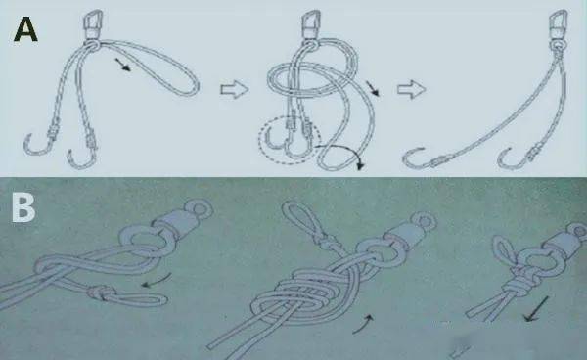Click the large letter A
tap(25, 30)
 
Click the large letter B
tap(23, 207)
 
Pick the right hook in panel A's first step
tap(82, 154)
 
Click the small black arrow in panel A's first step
tap(123, 64)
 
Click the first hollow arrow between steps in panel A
tap(235, 90)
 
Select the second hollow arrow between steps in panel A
tap(412, 90)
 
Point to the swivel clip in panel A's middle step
tap(312, 24)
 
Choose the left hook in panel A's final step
tap(423, 159)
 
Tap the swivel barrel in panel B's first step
tap(172, 223)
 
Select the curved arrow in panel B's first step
tap(158, 282)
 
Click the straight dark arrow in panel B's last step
tap(536, 309)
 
